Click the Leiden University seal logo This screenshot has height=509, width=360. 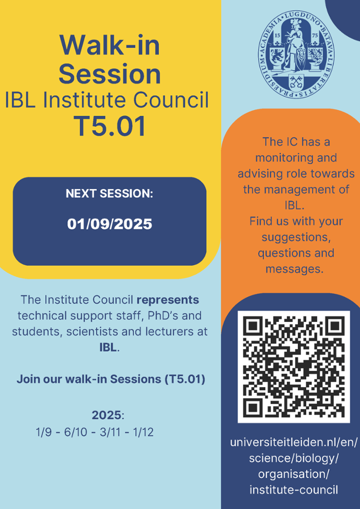297,55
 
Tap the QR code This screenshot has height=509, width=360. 294,367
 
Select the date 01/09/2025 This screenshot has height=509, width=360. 110,224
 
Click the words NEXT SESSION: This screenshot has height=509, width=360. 110,194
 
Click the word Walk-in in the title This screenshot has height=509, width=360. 110,45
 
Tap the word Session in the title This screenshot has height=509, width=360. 110,74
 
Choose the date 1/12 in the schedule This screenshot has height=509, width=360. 143,432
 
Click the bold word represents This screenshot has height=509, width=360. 168,300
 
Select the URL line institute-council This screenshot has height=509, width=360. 294,490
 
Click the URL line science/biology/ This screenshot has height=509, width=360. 294,458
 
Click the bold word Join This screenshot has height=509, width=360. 28,379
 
